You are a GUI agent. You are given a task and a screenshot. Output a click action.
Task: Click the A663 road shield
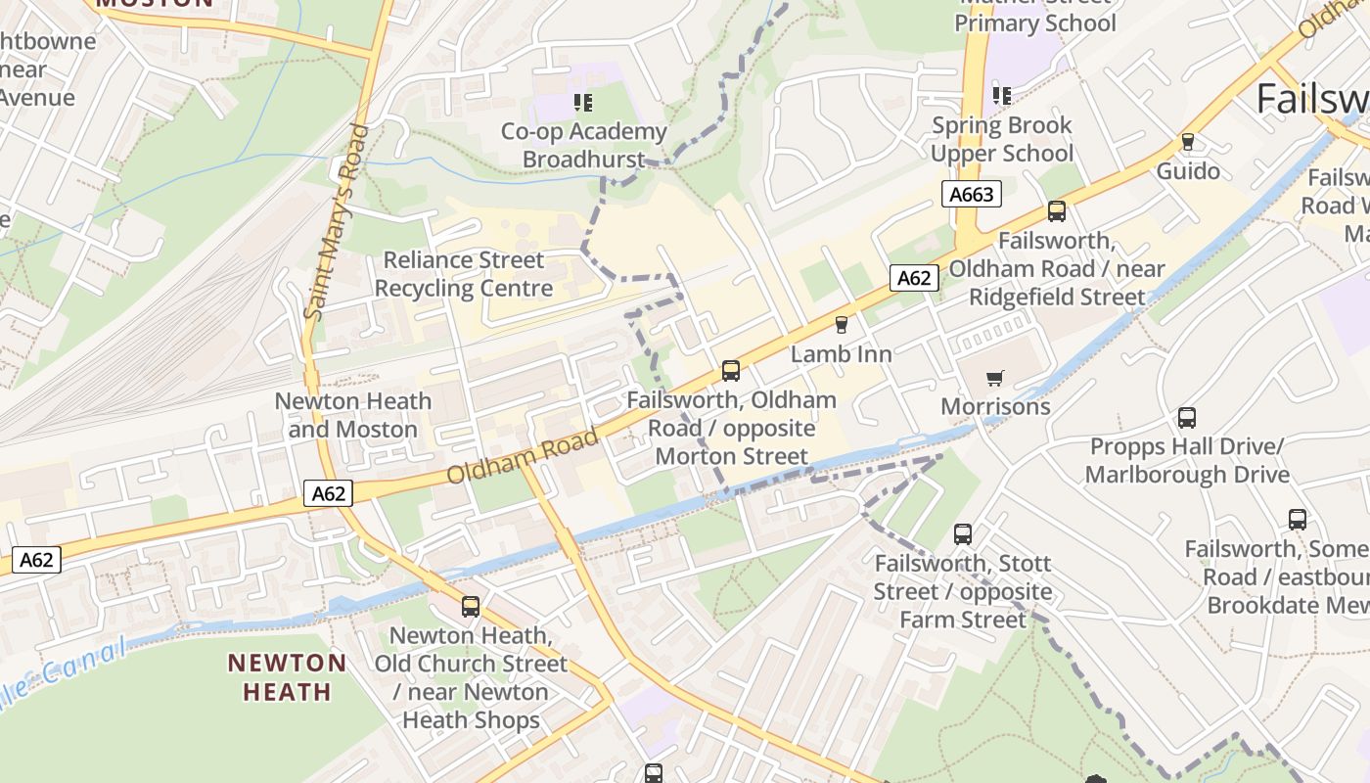click(972, 194)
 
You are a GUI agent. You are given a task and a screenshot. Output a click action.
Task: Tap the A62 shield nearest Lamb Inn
click(914, 278)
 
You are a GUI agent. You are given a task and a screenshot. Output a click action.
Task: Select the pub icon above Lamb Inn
click(841, 325)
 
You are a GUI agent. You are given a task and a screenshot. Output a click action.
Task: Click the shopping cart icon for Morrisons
click(995, 378)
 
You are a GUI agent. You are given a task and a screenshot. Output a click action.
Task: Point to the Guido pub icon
click(1188, 142)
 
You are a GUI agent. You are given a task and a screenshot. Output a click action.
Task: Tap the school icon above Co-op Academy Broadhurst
click(583, 102)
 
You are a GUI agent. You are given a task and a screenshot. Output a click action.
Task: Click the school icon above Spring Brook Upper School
click(1001, 96)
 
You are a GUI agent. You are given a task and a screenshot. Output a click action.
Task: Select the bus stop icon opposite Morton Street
click(731, 371)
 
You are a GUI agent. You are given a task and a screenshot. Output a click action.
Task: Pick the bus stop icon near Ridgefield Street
click(1057, 211)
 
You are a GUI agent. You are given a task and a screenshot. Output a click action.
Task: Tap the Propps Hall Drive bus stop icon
click(1187, 418)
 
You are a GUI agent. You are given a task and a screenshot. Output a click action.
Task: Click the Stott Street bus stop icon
click(963, 534)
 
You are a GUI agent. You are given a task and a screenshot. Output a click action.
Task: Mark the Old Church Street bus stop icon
click(471, 607)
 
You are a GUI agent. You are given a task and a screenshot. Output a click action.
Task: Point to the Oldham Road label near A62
click(522, 457)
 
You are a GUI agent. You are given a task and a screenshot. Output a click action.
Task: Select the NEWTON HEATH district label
click(287, 677)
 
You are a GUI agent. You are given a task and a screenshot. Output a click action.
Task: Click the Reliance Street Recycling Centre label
click(463, 274)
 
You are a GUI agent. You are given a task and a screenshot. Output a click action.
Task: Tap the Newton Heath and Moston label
click(352, 415)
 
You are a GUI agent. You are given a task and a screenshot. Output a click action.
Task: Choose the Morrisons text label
click(995, 406)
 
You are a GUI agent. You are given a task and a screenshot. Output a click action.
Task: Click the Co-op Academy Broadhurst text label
click(583, 145)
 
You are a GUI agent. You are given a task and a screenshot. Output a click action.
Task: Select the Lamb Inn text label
click(841, 354)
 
